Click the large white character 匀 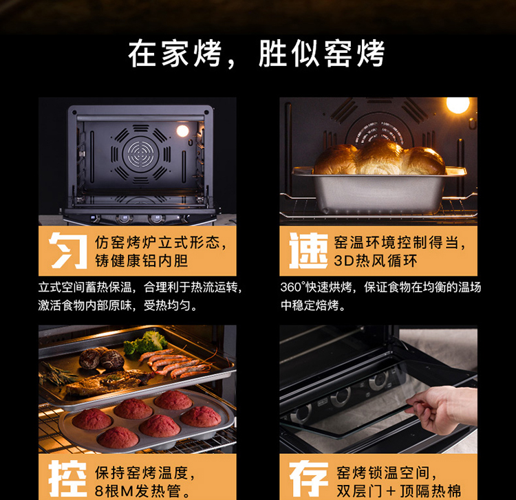pos(68,250)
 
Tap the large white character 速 pos(309,250)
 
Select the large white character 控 pos(68,479)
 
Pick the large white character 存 pos(309,479)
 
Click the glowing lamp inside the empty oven pos(182,131)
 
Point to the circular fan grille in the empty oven pos(140,153)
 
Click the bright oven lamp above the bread pos(458,105)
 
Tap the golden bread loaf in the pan pos(379,157)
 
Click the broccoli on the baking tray pos(146,343)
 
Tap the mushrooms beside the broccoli pos(102,358)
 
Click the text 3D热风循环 pos(376,261)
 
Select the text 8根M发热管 pos(138,491)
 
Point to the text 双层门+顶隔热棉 pos(398,491)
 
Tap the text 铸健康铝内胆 pos(142,261)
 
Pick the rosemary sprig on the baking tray pos(56,374)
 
